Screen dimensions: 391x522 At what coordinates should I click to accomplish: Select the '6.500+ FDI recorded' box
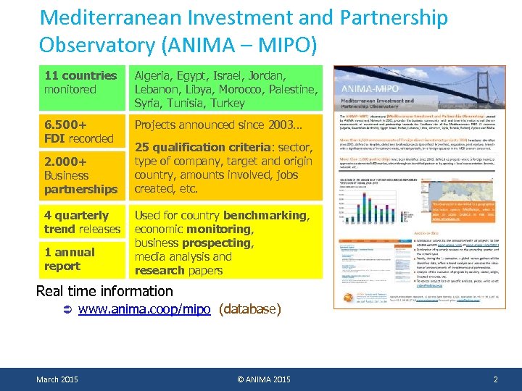point(81,131)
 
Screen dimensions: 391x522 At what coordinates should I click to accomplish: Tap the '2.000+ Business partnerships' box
point(81,175)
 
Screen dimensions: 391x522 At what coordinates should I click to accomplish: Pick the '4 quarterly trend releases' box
point(81,222)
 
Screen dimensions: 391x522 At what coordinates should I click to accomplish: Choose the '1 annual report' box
point(81,259)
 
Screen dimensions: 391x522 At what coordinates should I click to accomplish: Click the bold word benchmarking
point(265,216)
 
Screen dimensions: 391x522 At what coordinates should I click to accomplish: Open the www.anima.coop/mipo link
point(144,309)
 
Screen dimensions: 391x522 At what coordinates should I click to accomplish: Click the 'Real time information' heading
point(104,291)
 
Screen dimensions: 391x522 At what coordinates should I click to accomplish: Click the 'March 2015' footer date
point(58,379)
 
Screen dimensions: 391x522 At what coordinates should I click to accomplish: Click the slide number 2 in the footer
point(495,379)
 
